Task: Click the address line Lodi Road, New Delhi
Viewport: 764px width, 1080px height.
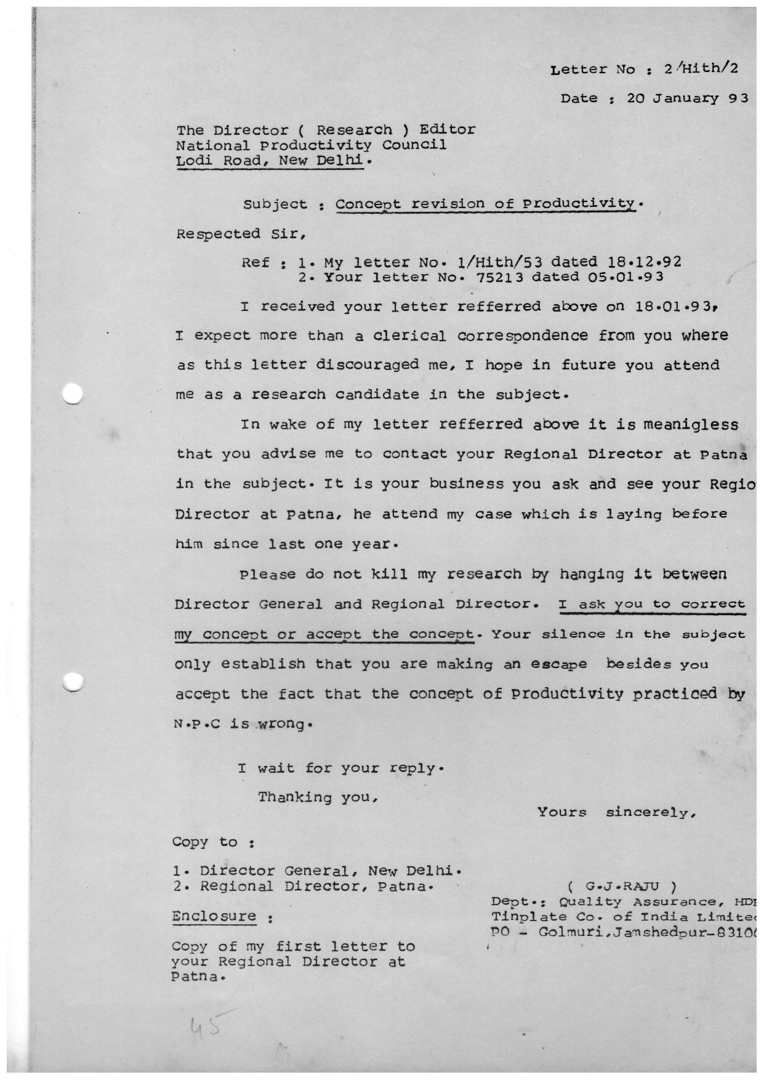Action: pos(274,161)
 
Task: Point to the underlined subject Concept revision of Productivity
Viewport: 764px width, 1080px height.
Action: pos(486,204)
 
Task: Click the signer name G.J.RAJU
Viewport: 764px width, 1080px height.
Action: pos(622,887)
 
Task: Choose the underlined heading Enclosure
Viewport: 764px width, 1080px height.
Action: pos(214,916)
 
